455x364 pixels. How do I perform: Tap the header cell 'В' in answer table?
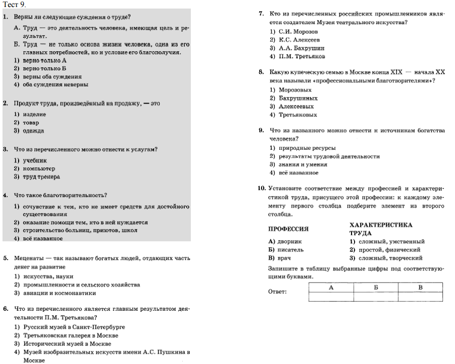pyautogui.click(x=420, y=287)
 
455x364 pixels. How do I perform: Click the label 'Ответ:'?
pyautogui.click(x=278, y=291)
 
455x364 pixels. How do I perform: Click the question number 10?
pyautogui.click(x=262, y=188)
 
